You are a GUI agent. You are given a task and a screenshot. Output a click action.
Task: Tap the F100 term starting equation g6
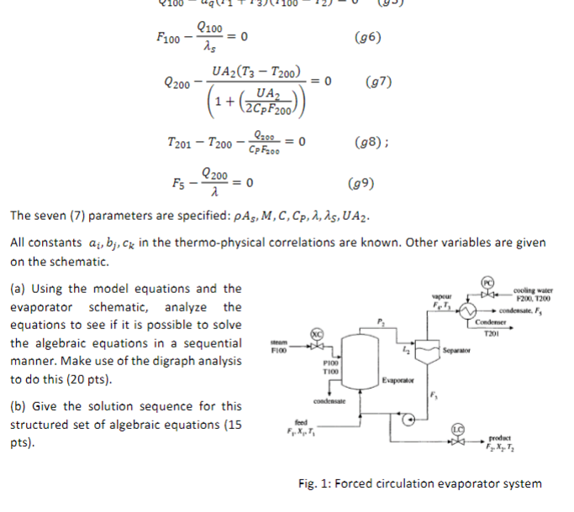point(169,39)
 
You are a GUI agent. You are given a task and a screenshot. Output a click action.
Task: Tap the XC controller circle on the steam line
point(317,332)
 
